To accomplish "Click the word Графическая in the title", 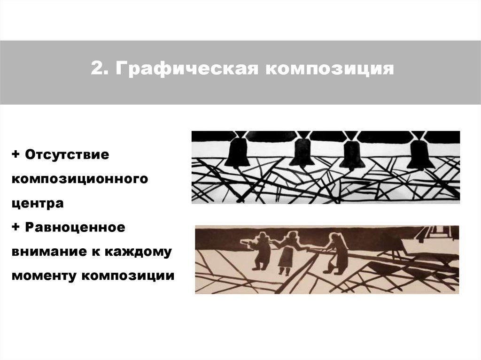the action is pyautogui.click(x=187, y=69).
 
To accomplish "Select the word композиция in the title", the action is pyautogui.click(x=330, y=69).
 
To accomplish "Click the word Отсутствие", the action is pyautogui.click(x=67, y=154).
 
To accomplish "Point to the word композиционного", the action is pyautogui.click(x=80, y=179).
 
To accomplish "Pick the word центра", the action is pyautogui.click(x=38, y=203).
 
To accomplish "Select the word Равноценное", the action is pyautogui.click(x=75, y=228).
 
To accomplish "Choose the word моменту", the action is pyautogui.click(x=44, y=276).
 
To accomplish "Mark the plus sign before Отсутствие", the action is pyautogui.click(x=16, y=154).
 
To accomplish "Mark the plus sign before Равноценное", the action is pyautogui.click(x=16, y=227).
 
